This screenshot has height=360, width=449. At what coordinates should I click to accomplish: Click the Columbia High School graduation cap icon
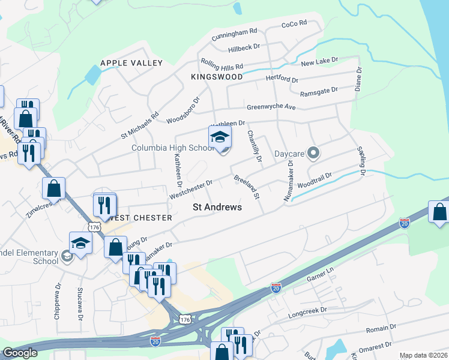coord(220,137)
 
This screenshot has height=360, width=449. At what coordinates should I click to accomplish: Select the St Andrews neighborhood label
coord(217,207)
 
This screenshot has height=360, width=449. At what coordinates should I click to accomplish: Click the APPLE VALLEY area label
coord(131,63)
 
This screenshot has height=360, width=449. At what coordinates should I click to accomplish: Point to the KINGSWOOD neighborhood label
coord(217,77)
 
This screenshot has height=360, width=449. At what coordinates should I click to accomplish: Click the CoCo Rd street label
coord(294,24)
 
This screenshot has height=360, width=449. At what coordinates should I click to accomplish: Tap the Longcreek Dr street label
coord(307,311)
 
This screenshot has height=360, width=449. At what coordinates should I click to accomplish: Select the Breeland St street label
coord(246,187)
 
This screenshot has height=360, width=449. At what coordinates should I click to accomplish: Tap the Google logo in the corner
coord(20,353)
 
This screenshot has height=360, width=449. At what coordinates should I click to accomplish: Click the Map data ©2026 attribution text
coord(424,355)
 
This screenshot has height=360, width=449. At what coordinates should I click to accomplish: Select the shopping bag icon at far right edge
coord(440,213)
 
